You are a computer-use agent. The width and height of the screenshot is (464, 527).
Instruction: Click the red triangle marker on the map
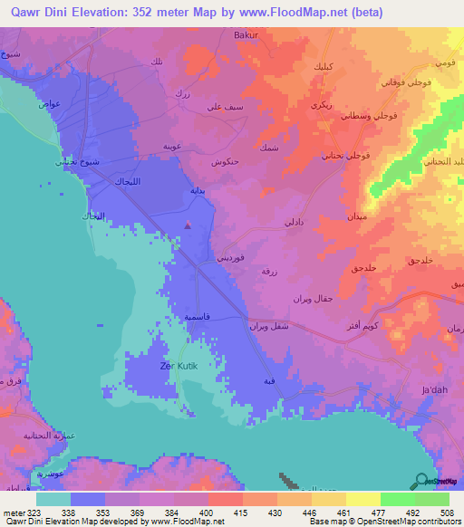click(188, 225)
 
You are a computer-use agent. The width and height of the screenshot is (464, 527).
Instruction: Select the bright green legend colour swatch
click(397, 499)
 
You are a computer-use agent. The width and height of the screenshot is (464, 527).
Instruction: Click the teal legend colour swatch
click(53, 499)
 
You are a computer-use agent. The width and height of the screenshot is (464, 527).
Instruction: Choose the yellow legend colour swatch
click(362, 499)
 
